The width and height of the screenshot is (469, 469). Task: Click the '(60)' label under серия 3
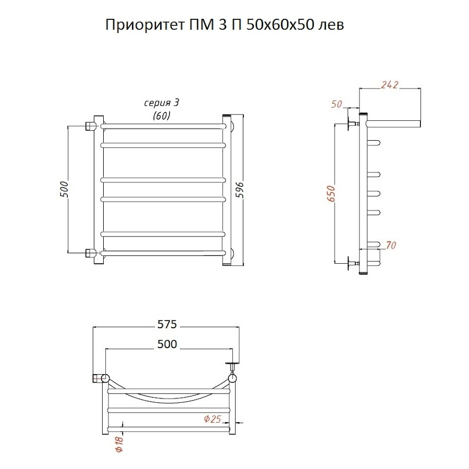(162, 116)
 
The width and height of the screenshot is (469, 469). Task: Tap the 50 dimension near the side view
(337, 104)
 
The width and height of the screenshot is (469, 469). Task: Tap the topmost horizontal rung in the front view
(163, 126)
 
